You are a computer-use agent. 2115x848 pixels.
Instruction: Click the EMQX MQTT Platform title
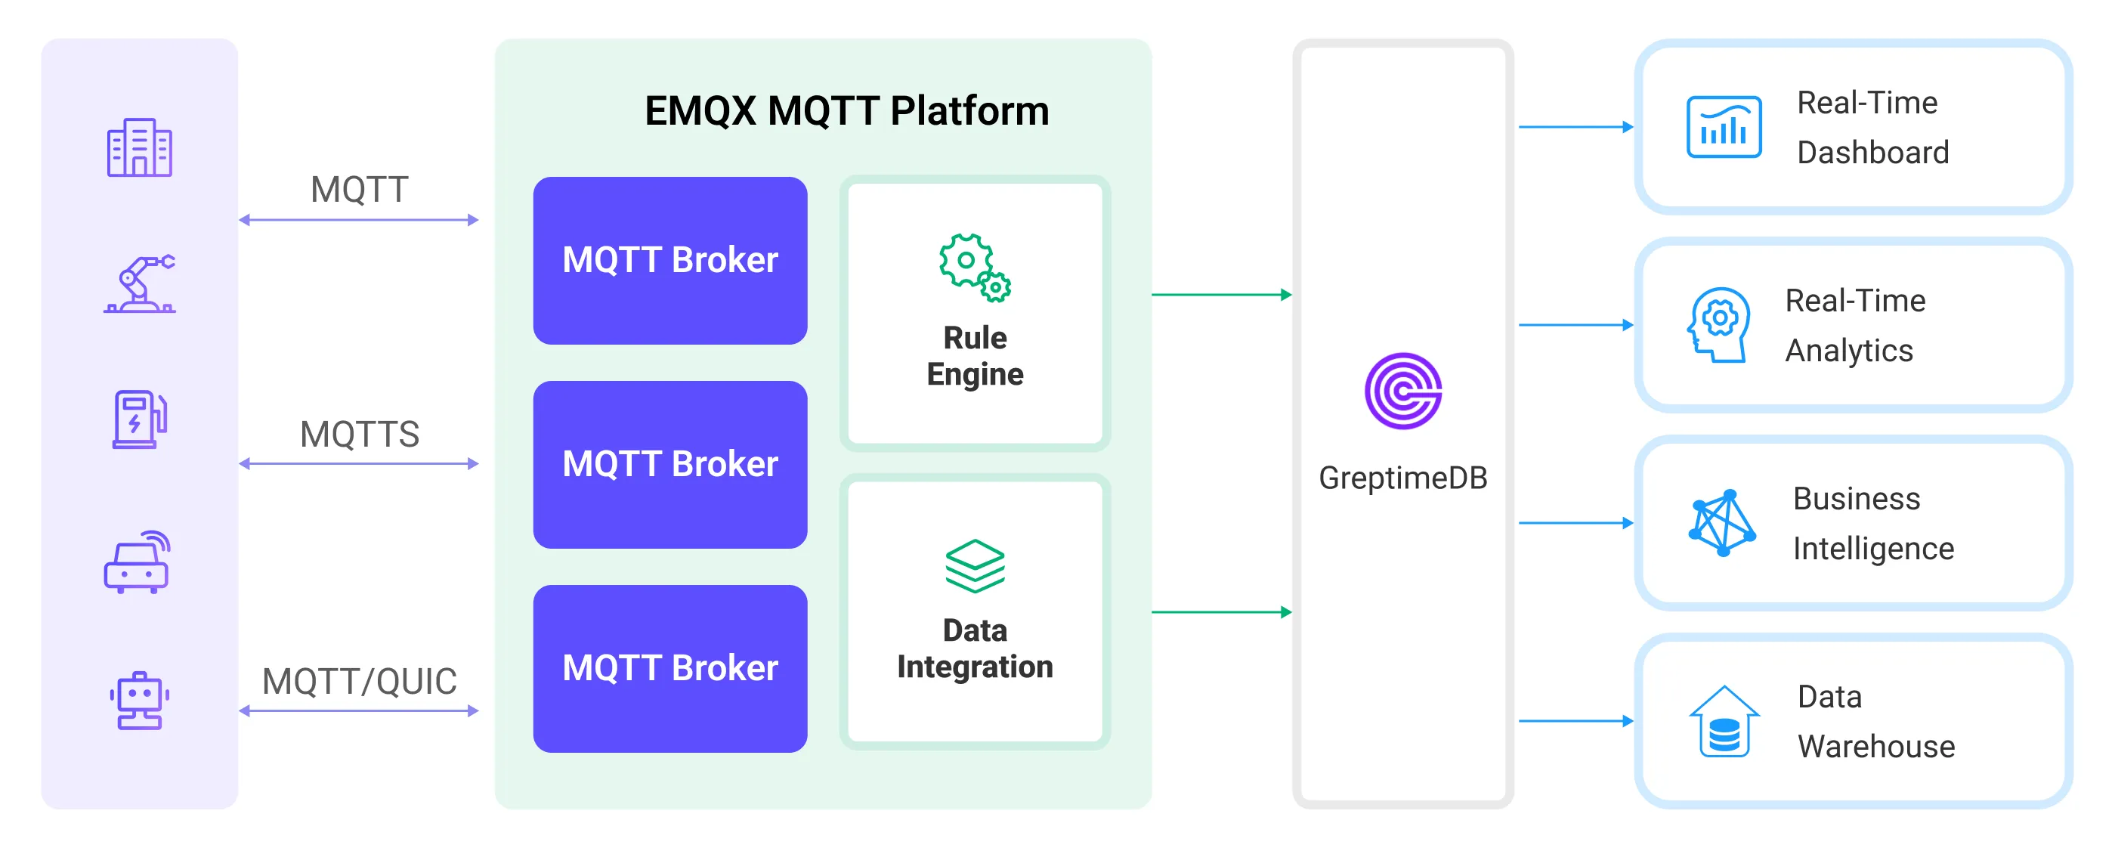point(846,111)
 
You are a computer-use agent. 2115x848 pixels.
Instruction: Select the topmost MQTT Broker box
point(670,260)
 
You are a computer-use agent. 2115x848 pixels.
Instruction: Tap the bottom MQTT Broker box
point(670,668)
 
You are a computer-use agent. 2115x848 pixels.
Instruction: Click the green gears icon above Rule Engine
point(975,268)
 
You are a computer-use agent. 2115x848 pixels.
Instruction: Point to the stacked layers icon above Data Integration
point(975,566)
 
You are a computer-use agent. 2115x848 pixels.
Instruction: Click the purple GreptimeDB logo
point(1402,392)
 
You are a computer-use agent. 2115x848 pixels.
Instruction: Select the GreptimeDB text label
point(1402,478)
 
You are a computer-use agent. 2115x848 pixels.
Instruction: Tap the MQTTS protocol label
point(360,435)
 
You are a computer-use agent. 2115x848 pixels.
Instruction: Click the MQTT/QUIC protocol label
point(360,682)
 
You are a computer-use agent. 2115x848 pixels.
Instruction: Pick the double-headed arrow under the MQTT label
point(359,220)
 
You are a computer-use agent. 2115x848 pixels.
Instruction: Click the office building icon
point(140,148)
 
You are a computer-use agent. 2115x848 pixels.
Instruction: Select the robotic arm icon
point(140,284)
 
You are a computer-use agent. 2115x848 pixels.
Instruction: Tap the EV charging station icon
point(140,419)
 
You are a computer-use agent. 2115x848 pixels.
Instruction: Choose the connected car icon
point(137,562)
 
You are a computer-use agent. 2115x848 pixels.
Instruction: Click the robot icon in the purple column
point(139,700)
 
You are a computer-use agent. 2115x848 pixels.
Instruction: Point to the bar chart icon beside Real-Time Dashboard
point(1724,127)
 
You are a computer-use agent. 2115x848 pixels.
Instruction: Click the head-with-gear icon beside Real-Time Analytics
point(1718,325)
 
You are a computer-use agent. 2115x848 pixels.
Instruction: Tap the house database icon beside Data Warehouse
point(1724,722)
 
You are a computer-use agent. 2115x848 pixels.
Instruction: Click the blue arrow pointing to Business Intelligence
point(1575,523)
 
